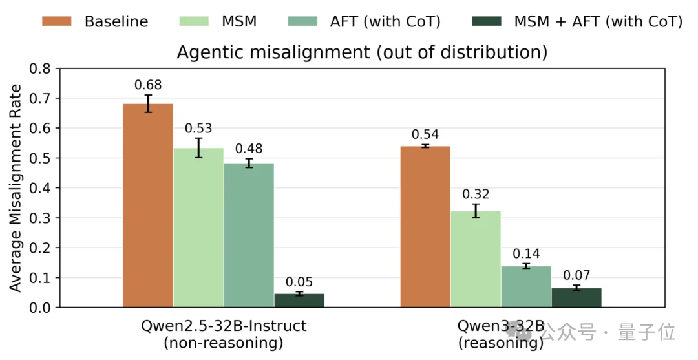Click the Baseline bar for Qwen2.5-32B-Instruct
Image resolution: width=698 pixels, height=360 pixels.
(148, 206)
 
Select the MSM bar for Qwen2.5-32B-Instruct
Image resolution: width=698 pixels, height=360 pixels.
(198, 228)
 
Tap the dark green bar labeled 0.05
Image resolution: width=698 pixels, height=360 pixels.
(299, 301)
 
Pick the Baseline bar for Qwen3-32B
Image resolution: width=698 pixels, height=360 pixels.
(425, 226)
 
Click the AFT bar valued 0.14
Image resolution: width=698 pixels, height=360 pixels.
(526, 286)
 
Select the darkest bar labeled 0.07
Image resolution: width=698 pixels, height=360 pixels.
(576, 298)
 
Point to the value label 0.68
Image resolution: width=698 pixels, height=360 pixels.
(148, 85)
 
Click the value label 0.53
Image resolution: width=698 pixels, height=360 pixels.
(198, 129)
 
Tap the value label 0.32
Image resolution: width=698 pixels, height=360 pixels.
(476, 195)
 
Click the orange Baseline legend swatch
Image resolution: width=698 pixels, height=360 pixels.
(56, 21)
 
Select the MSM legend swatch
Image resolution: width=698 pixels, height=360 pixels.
(194, 21)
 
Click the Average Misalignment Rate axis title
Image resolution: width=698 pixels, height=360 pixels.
(15, 188)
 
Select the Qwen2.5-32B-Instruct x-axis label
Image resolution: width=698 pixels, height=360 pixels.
(224, 326)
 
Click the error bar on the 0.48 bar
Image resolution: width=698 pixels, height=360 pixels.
(249, 164)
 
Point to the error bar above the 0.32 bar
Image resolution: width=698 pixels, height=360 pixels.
(476, 211)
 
